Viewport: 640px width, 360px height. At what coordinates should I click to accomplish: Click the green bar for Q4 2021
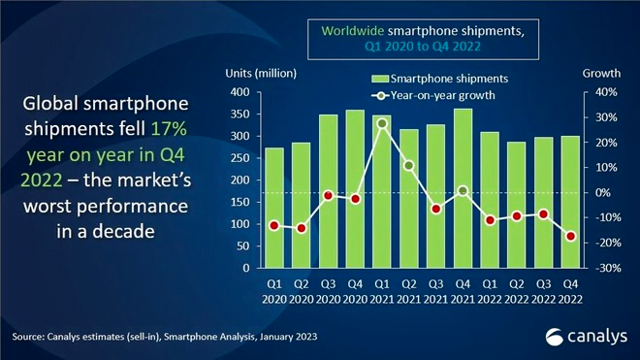pos(463,188)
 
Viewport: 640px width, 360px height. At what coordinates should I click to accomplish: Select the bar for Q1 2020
pos(274,208)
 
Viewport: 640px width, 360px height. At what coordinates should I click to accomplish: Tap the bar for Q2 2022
pos(517,205)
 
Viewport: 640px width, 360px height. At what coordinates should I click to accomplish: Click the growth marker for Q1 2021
pos(382,123)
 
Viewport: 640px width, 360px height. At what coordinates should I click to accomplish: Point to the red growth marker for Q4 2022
pos(570,236)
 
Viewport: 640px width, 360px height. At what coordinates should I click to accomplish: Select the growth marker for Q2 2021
pos(409,166)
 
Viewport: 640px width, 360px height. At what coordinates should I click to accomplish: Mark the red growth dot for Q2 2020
pos(302,228)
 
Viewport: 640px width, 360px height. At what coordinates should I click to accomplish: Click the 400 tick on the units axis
pos(240,92)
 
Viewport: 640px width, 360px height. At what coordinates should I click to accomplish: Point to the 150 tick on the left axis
pos(240,202)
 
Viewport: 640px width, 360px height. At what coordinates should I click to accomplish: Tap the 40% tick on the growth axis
pos(606,92)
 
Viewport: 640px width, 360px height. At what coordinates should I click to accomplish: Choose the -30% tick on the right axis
pos(606,268)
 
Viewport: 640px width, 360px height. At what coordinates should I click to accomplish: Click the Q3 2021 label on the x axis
pos(436,291)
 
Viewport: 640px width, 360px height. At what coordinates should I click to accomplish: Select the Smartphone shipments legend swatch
pos(379,79)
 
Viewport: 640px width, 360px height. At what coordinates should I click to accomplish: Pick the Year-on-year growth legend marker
pos(380,96)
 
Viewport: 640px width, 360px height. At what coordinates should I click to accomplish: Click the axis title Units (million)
pos(261,74)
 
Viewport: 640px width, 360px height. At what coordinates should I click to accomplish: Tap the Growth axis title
pos(601,73)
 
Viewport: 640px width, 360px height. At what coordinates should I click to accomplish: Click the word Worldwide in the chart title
pos(353,31)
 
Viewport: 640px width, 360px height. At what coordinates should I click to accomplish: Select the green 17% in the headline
pos(169,129)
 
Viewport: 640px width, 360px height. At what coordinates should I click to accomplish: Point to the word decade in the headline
pos(124,232)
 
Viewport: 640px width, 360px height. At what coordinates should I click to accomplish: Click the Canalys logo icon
pos(555,337)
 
